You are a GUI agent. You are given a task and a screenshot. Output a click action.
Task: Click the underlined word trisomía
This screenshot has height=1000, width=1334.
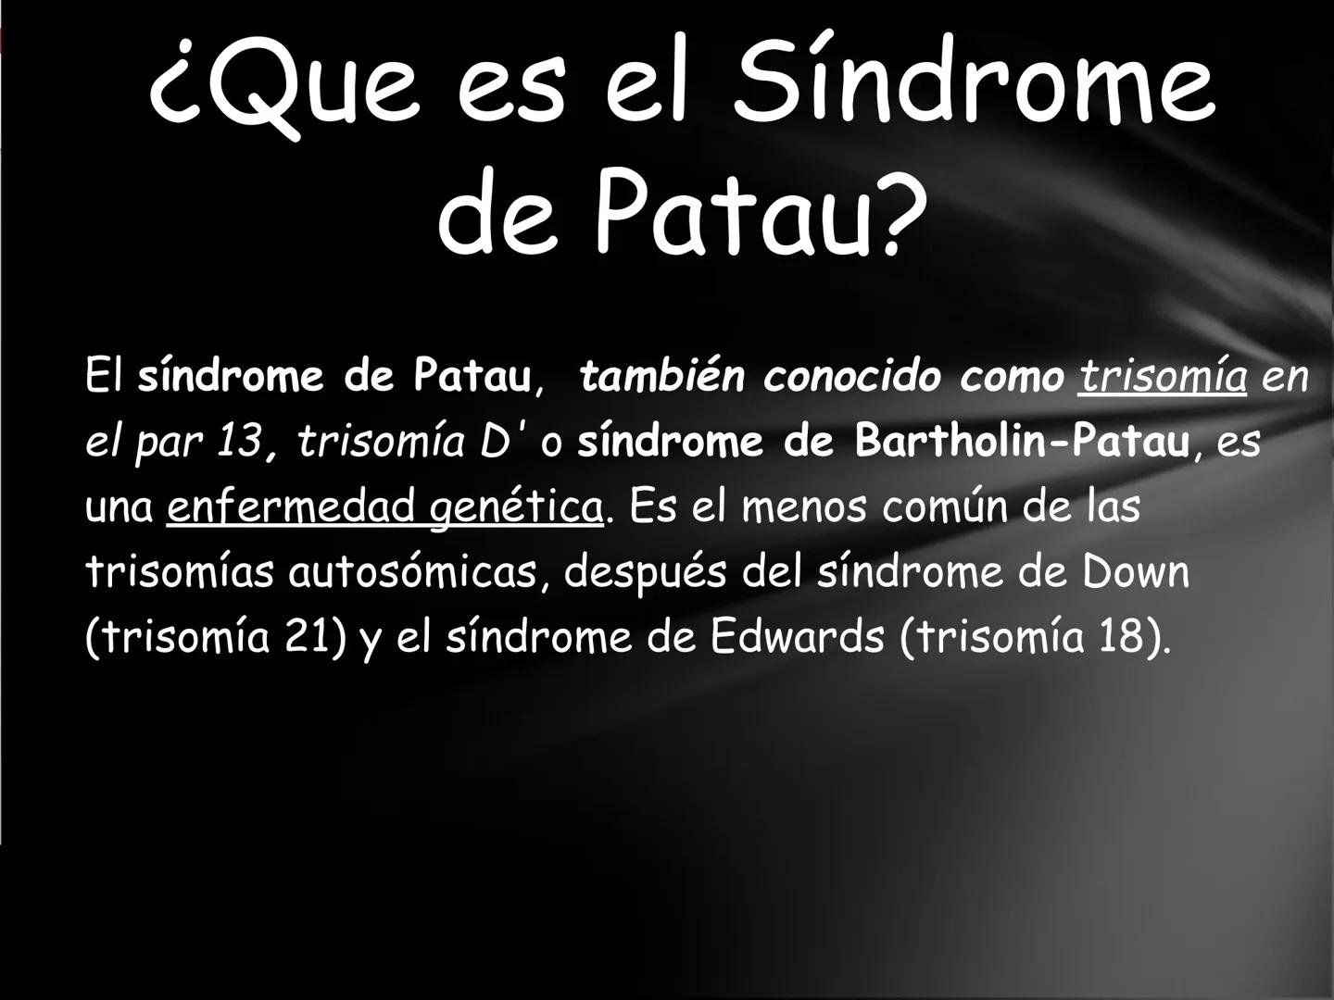pyautogui.click(x=1162, y=376)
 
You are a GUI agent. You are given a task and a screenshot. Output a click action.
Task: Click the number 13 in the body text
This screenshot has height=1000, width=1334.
pyautogui.click(x=240, y=442)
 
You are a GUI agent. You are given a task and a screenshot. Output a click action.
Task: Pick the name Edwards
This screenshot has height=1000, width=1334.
pyautogui.click(x=797, y=638)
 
